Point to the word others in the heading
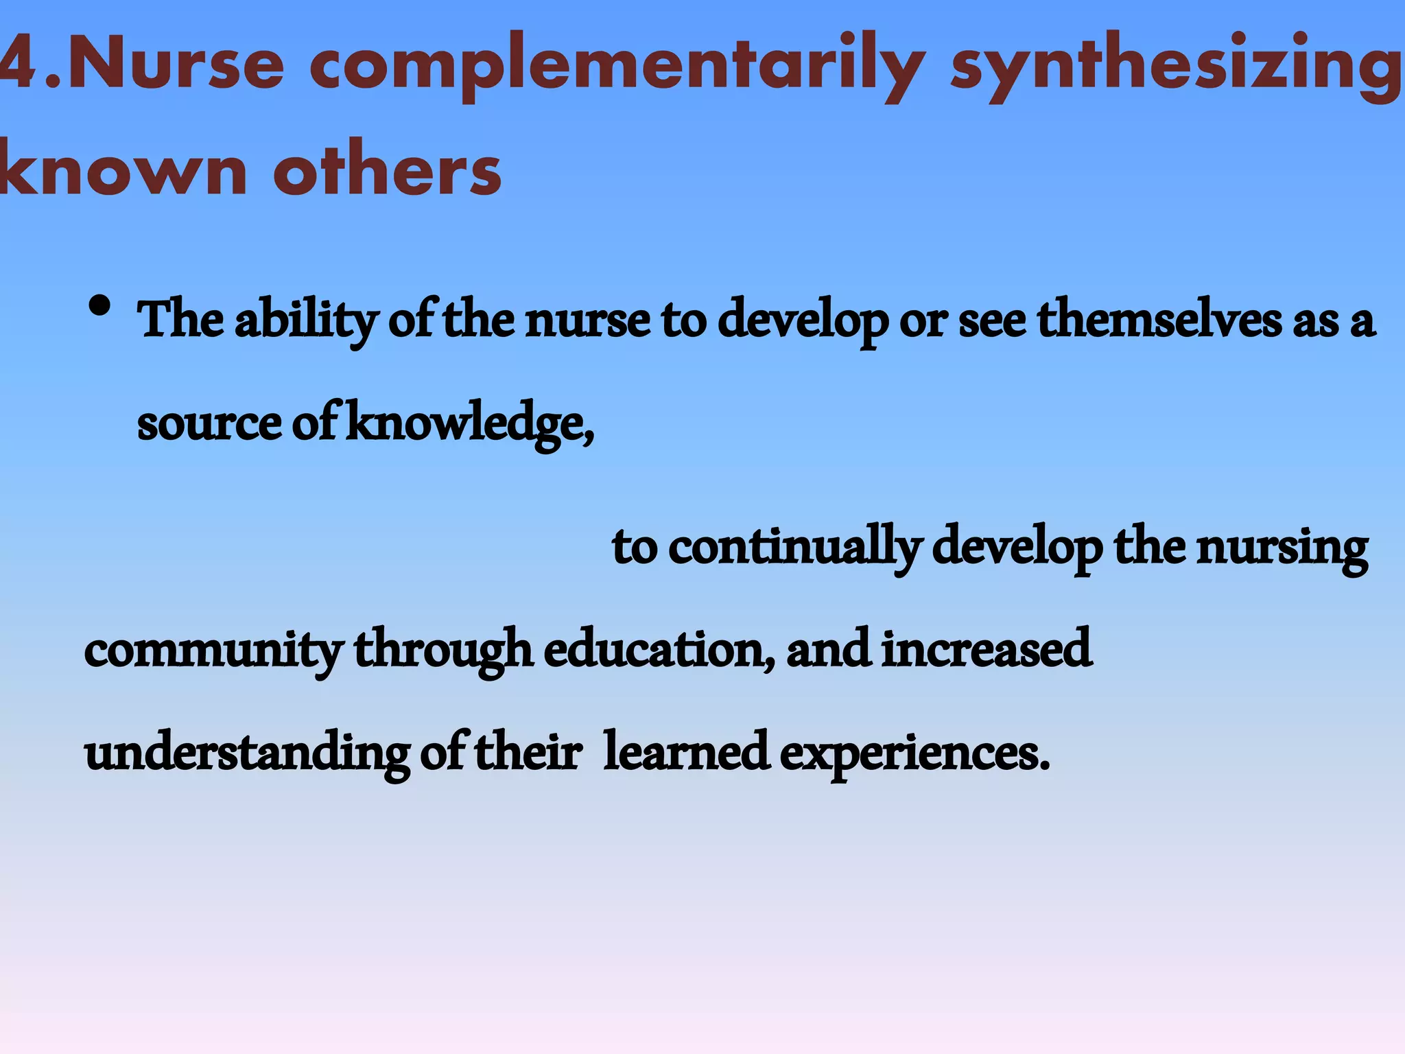388,168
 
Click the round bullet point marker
100,307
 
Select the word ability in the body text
305,321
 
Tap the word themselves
1159,320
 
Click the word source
209,424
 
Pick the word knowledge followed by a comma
470,424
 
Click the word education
659,649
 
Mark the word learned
686,752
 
